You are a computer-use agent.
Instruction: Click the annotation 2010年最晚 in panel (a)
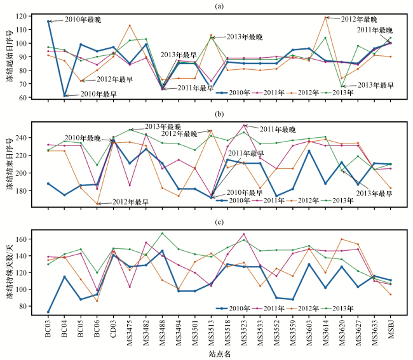coord(83,20)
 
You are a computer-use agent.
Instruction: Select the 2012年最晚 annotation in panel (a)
coord(359,19)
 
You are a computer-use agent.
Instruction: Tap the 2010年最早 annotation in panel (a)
coord(98,94)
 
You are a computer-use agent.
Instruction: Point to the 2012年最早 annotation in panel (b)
coord(130,202)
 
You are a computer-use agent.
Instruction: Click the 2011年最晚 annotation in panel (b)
coord(278,130)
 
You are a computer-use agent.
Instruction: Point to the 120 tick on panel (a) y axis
coord(22,17)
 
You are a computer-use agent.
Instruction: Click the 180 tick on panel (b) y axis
coord(22,190)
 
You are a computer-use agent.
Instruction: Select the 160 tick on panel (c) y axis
coord(22,239)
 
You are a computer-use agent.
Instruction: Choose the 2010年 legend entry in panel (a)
coord(233,93)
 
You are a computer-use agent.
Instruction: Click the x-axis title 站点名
coord(219,354)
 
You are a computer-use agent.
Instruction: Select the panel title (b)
coord(219,114)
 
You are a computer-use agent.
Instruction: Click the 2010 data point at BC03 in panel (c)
coord(48,312)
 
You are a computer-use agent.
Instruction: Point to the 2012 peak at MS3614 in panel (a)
coord(325,18)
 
